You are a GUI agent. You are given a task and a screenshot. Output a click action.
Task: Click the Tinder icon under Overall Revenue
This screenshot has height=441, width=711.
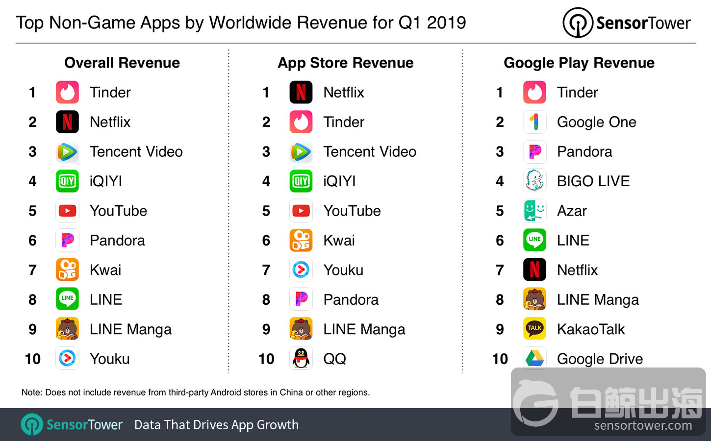(67, 92)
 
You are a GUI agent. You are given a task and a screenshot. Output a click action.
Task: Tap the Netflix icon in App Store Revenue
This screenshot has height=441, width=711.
(301, 92)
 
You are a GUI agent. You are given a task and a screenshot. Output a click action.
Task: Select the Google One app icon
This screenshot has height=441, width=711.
(534, 122)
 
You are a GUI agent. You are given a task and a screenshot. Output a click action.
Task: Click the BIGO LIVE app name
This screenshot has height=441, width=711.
(593, 181)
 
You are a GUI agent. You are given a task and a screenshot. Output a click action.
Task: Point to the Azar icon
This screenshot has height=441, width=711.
(534, 211)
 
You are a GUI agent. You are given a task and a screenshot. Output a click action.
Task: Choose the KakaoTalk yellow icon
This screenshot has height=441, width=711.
(534, 329)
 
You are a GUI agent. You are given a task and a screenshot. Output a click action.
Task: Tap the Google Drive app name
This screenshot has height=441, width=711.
(600, 359)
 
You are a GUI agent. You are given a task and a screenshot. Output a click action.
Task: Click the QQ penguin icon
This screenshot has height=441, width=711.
(301, 359)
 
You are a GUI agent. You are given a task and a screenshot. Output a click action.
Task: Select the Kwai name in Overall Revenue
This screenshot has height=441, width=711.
(105, 270)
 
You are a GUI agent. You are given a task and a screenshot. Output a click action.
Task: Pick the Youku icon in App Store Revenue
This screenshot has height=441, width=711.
(301, 270)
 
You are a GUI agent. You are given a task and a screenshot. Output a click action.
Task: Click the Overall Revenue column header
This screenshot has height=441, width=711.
(122, 63)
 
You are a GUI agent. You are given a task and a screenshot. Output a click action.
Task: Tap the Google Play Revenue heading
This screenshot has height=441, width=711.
(579, 63)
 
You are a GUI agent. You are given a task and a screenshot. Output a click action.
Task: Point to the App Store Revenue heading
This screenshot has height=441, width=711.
(346, 63)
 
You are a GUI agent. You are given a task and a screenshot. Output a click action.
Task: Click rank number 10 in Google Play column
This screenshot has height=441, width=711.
(500, 359)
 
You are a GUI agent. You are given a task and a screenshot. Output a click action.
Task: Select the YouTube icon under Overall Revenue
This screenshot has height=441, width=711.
(67, 211)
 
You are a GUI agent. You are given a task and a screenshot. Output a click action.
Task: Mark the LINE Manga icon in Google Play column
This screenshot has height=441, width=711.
(534, 299)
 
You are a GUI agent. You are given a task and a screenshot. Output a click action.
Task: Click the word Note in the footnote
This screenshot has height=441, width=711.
(31, 392)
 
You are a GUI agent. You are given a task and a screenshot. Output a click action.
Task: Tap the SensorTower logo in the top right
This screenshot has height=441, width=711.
(627, 23)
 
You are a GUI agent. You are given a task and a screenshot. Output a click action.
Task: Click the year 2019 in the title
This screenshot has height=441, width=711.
(446, 23)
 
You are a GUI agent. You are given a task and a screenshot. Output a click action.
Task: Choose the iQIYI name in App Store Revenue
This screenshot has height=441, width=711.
(339, 181)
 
